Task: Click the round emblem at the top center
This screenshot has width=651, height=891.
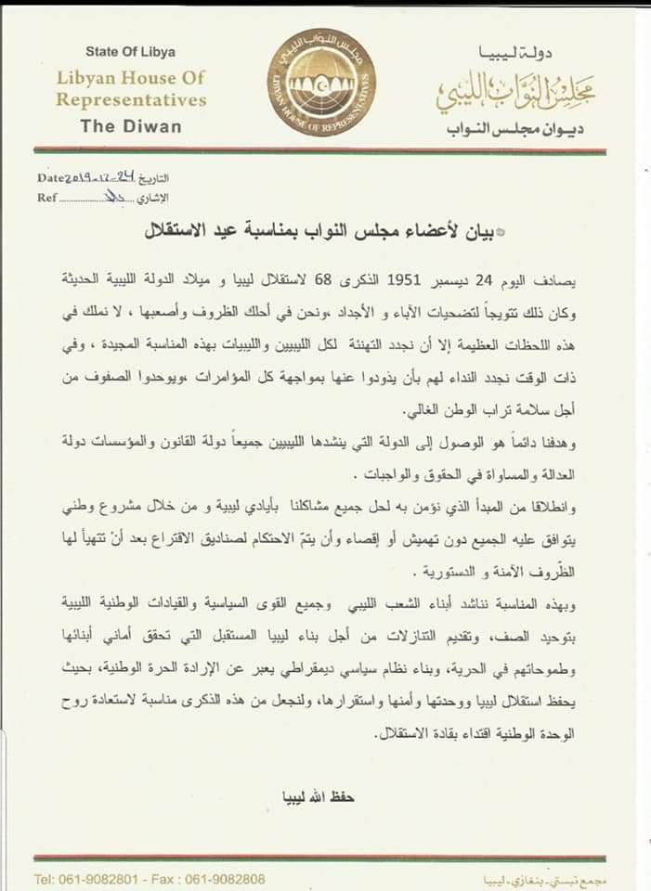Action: (319, 77)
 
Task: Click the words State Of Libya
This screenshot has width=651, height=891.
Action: (130, 52)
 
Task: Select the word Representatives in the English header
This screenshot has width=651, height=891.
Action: (131, 99)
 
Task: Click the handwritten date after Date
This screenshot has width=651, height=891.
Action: (98, 177)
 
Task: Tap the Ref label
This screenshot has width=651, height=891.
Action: (46, 198)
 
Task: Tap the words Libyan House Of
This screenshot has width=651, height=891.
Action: (130, 78)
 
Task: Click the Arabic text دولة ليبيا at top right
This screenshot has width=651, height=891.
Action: (540, 53)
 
